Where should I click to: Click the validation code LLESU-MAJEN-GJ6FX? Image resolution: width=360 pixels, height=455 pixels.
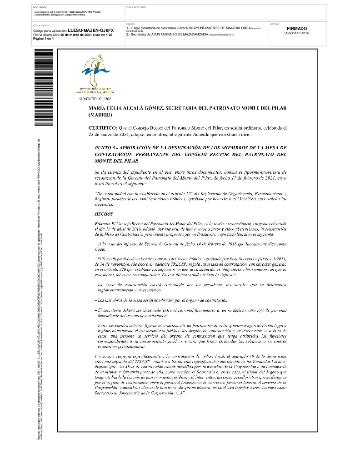coord(90,30)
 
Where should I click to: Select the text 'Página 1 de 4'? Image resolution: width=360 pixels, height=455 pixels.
coord(44,39)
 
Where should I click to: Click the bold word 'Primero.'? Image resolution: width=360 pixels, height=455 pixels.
coord(102,224)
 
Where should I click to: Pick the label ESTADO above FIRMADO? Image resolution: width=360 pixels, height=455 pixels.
coord(274,24)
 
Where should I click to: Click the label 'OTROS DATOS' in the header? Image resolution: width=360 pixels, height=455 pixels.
coord(40,25)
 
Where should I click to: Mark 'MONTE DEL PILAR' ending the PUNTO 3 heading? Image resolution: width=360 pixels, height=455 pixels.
coord(116,161)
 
